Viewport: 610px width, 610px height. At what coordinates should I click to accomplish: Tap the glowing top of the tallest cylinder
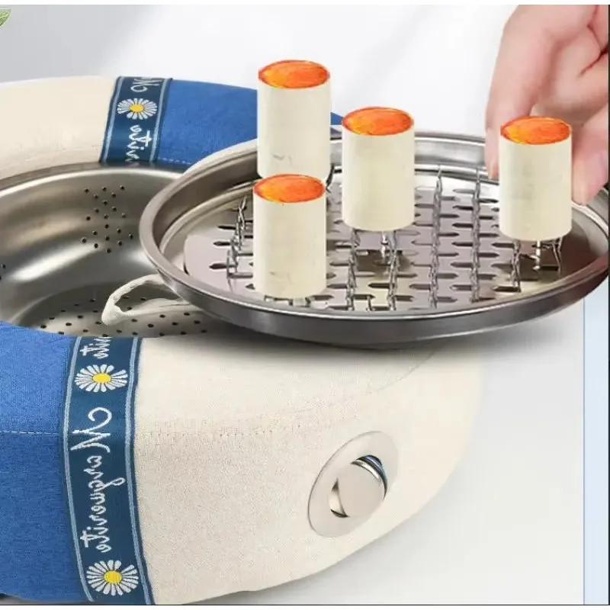pyautogui.click(x=294, y=75)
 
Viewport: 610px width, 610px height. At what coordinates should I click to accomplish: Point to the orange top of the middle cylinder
pyautogui.click(x=377, y=120)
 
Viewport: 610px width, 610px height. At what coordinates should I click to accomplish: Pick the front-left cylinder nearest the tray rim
pyautogui.click(x=289, y=236)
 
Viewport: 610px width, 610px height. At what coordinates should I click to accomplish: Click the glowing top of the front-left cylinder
pyautogui.click(x=289, y=188)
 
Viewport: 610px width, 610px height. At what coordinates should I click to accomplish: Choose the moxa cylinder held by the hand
pyautogui.click(x=535, y=183)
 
